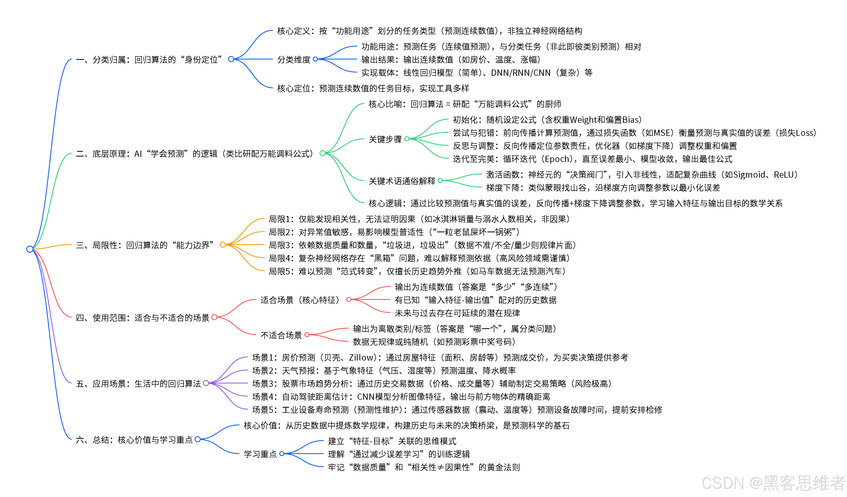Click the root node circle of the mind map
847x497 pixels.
30,249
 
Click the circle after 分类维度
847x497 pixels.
315,59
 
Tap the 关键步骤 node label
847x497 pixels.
385,139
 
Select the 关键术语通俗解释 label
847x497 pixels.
402,181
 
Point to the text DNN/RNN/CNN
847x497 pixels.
521,73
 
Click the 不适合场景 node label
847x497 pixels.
281,335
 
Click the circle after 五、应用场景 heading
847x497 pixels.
206,383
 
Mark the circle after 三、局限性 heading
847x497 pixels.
222,245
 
